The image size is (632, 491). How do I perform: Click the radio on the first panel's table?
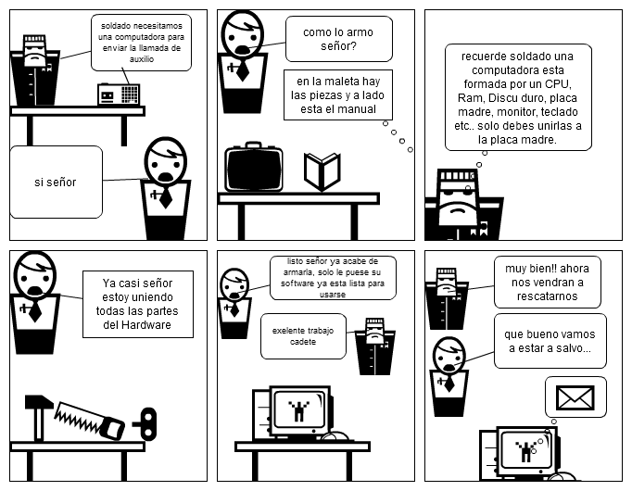pyautogui.click(x=118, y=94)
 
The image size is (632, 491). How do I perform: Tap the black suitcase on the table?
pyautogui.click(x=253, y=168)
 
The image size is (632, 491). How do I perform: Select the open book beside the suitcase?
pyautogui.click(x=322, y=171)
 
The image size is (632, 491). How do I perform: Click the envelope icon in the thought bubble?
pyautogui.click(x=575, y=397)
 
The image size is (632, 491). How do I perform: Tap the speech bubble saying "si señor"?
pyautogui.click(x=55, y=182)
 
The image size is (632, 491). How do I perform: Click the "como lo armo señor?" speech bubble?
pyautogui.click(x=331, y=39)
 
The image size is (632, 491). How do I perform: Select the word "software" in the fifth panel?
pyautogui.click(x=301, y=284)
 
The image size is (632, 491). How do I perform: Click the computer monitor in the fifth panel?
pyautogui.click(x=297, y=409)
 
